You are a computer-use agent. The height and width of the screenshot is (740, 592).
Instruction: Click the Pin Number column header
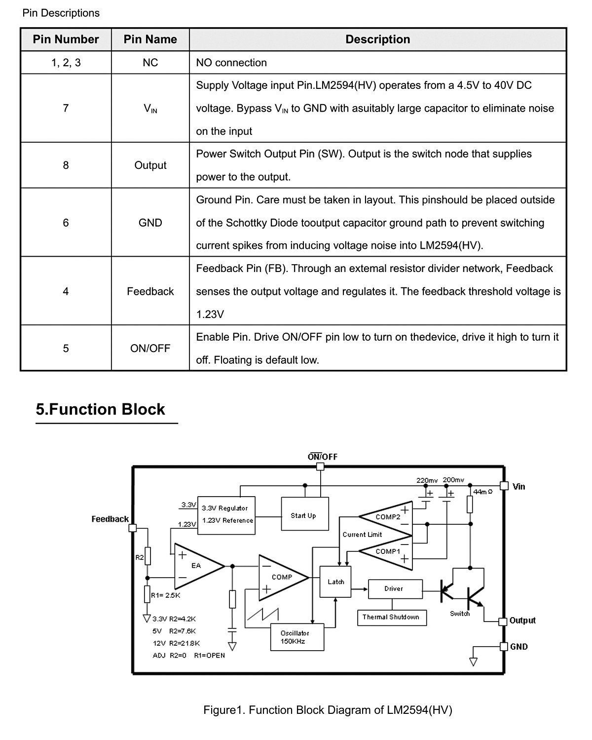pyautogui.click(x=66, y=39)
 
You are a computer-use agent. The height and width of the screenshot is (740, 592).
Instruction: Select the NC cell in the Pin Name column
pyautogui.click(x=150, y=63)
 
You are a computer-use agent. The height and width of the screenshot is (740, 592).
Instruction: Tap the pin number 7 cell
pyautogui.click(x=66, y=108)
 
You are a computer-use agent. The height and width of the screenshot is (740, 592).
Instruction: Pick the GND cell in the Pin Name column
pyautogui.click(x=150, y=223)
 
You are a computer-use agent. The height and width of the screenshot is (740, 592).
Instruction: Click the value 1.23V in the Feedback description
pyautogui.click(x=210, y=314)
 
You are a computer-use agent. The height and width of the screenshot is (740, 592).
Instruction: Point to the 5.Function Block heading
pyautogui.click(x=100, y=409)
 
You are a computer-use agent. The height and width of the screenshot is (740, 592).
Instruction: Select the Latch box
pyautogui.click(x=335, y=582)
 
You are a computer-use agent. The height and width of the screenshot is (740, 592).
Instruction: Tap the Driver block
pyautogui.click(x=395, y=589)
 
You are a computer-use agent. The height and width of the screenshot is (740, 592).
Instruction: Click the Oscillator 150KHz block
pyautogui.click(x=297, y=637)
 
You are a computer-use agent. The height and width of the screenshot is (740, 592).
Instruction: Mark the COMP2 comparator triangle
pyautogui.click(x=385, y=516)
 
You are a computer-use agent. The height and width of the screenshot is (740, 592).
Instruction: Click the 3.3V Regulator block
pyautogui.click(x=226, y=515)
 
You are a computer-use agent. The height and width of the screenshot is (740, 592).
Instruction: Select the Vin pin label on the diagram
pyautogui.click(x=519, y=487)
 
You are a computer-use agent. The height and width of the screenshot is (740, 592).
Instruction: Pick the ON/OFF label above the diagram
pyautogui.click(x=322, y=457)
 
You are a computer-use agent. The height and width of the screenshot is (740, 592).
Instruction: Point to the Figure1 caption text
pyautogui.click(x=328, y=710)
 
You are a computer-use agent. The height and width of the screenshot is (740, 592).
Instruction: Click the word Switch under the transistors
pyautogui.click(x=460, y=614)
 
